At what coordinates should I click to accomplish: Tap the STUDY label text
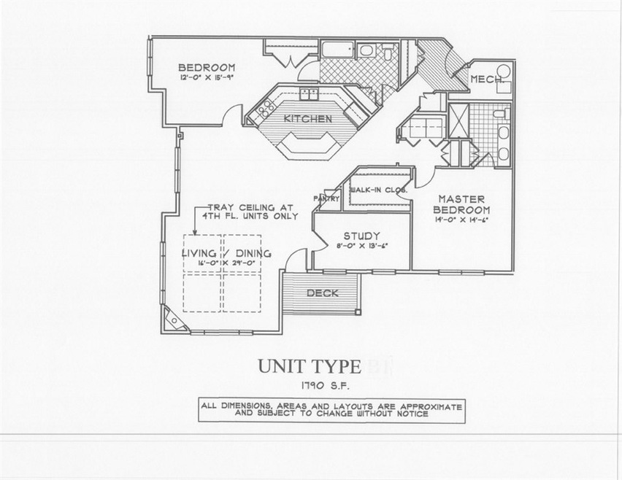click(x=360, y=236)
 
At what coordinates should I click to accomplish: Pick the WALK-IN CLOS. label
click(x=379, y=190)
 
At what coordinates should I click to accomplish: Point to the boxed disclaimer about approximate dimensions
click(x=331, y=409)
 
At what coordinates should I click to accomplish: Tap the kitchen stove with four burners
click(x=258, y=112)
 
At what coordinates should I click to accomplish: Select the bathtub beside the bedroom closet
click(x=337, y=50)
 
